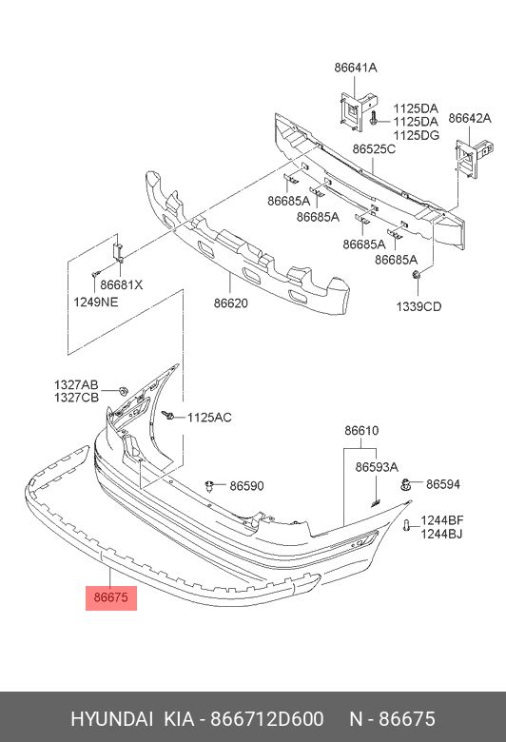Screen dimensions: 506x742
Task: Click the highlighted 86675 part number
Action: pos(110,597)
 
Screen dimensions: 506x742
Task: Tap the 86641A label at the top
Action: pos(356,68)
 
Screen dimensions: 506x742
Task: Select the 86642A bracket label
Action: pos(470,118)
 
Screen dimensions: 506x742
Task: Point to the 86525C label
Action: pos(374,149)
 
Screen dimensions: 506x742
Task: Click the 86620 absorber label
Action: pos(230,303)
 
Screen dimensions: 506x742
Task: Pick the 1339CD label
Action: pos(418,306)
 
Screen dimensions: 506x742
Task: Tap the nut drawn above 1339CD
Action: pos(417,275)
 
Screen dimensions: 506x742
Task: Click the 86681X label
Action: pos(121,284)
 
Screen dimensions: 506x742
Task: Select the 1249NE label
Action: pos(96,302)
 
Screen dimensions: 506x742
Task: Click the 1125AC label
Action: pos(209,418)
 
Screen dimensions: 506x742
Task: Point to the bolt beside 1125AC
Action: pos(167,416)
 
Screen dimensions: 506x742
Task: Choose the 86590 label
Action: pos(246,486)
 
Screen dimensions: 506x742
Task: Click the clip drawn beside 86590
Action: pos(209,485)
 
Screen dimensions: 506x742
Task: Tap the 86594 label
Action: pos(443,484)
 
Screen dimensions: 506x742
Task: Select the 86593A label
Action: pos(377,467)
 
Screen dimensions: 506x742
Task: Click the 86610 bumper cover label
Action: pos(361,431)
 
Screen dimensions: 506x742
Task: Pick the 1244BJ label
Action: pos(441,534)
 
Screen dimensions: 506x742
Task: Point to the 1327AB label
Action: pos(76,384)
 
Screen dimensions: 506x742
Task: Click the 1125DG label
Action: pos(416,135)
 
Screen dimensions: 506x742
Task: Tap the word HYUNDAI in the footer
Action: pos(111,719)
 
